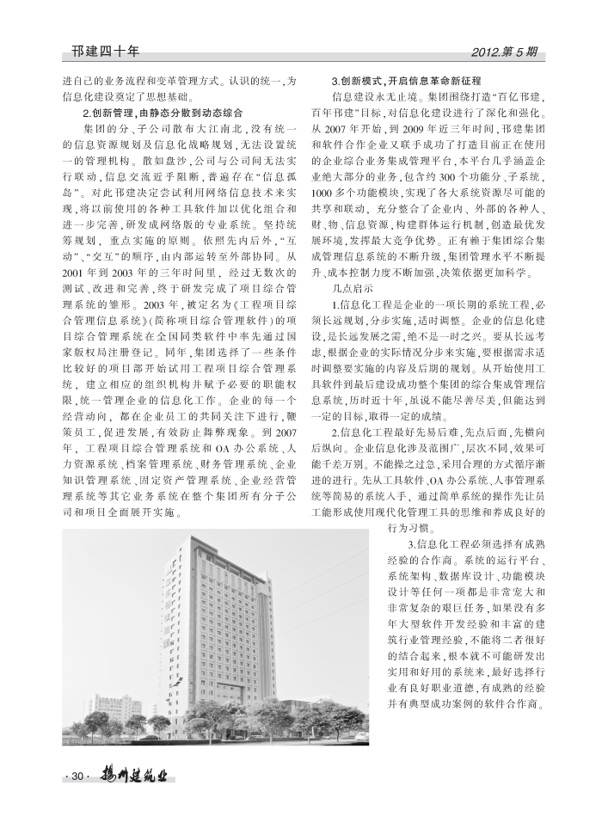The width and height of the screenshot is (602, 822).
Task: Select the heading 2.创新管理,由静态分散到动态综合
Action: point(162,113)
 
